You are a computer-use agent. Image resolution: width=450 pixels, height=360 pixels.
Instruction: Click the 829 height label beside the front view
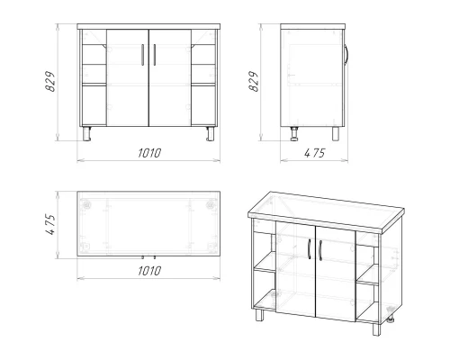pyautogui.click(x=50, y=81)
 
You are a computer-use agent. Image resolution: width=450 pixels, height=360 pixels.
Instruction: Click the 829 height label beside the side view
pyautogui.click(x=254, y=81)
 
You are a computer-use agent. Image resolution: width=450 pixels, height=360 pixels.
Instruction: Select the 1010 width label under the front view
pyautogui.click(x=149, y=153)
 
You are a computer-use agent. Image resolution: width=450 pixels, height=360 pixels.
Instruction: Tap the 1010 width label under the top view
pyautogui.click(x=149, y=271)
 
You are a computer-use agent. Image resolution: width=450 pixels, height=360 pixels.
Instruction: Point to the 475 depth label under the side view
pyautogui.click(x=315, y=153)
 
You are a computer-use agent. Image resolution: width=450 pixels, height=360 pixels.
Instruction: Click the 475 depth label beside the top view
pyautogui.click(x=50, y=224)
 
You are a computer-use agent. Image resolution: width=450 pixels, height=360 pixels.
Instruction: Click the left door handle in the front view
pyautogui.click(x=142, y=55)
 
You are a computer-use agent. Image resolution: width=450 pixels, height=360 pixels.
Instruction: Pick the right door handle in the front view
pyautogui.click(x=155, y=55)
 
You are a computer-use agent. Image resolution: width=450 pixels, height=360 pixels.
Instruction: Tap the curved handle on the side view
pyautogui.click(x=346, y=55)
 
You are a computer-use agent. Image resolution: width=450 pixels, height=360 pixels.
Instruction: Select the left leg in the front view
pyautogui.click(x=87, y=133)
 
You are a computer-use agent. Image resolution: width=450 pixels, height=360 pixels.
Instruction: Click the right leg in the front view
pyautogui.click(x=211, y=133)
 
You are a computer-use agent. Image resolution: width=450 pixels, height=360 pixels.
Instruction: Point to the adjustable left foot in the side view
pyautogui.click(x=294, y=133)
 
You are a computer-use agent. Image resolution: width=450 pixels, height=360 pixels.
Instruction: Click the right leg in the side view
pyautogui.click(x=336, y=133)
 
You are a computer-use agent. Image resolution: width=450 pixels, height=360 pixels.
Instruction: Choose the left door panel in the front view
pyautogui.click(x=128, y=77)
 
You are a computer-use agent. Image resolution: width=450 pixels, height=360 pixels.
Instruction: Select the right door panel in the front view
pyautogui.click(x=170, y=77)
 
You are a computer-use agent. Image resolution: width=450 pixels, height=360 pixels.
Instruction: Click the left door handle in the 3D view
pyautogui.click(x=310, y=249)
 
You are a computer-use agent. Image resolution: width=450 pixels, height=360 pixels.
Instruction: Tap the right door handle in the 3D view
pyautogui.click(x=320, y=251)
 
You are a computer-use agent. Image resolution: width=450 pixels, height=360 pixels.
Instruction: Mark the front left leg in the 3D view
pyautogui.click(x=259, y=315)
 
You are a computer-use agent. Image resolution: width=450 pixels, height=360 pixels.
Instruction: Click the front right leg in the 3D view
pyautogui.click(x=376, y=329)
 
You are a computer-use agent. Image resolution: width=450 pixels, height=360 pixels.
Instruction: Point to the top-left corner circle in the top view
pyautogui.click(x=87, y=205)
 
